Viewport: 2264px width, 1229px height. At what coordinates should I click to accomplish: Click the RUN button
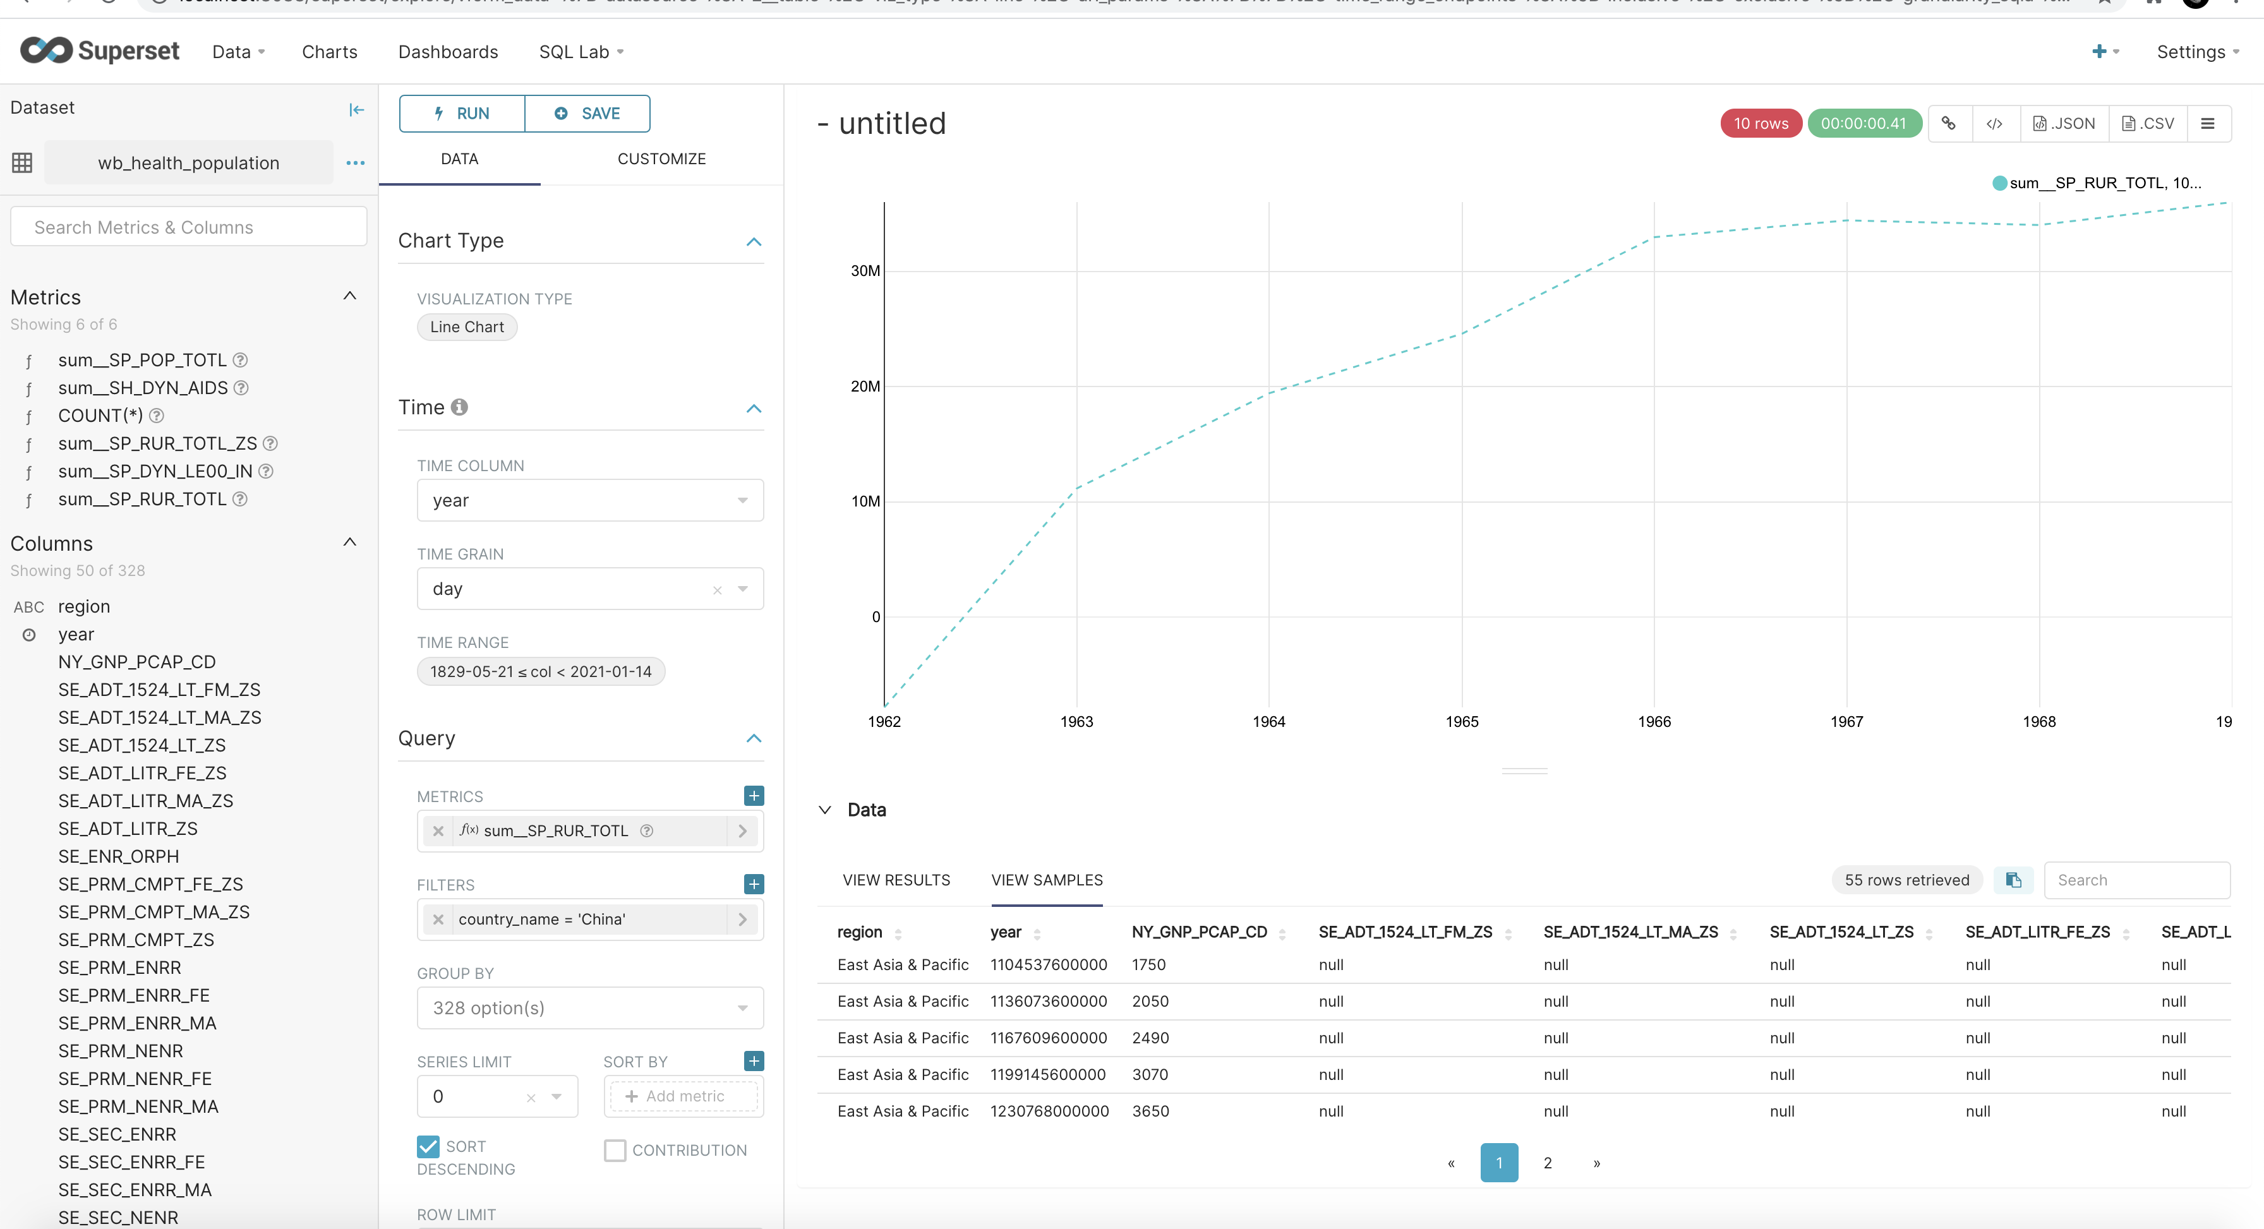coord(461,113)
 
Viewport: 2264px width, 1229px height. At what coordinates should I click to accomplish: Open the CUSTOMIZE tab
coord(661,159)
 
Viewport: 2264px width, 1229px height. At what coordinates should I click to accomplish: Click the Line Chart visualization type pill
coord(467,327)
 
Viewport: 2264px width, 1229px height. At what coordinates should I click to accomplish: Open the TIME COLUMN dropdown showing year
coord(589,501)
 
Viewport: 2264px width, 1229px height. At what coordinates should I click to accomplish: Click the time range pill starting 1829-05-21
coord(541,672)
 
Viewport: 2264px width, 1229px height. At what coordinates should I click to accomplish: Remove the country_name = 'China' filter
coord(438,920)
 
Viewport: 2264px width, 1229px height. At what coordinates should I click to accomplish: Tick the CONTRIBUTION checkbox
coord(615,1150)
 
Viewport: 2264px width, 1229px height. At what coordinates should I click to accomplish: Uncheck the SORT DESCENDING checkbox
coord(428,1146)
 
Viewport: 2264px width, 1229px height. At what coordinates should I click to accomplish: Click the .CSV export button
coord(2148,124)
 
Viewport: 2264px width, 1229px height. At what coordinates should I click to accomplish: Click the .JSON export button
coord(2064,124)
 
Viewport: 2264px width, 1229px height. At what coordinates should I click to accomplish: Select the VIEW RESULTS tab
coord(896,880)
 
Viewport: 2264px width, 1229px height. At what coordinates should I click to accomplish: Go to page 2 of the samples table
coord(1547,1163)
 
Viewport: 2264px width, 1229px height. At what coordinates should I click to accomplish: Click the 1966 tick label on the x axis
coord(1654,722)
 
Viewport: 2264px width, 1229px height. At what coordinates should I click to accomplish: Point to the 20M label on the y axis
coord(865,387)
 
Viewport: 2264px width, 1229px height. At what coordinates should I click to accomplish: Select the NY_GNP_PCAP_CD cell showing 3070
coord(1150,1074)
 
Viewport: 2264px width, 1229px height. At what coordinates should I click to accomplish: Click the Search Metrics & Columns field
coord(188,227)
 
